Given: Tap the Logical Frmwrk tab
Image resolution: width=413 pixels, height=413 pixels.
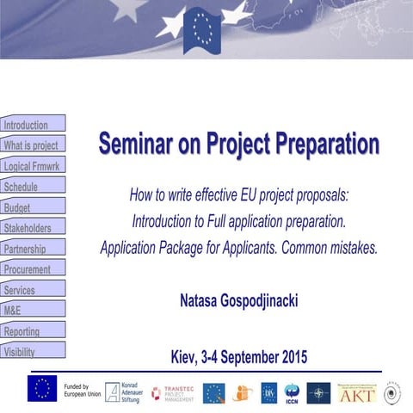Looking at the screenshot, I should pyautogui.click(x=32, y=166).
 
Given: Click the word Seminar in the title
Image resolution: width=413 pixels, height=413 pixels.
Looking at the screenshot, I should pyautogui.click(x=138, y=144).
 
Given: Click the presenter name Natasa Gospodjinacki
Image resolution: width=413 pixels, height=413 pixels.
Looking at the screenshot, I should pyautogui.click(x=238, y=301).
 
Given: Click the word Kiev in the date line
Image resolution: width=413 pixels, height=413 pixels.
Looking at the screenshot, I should pyautogui.click(x=189, y=356).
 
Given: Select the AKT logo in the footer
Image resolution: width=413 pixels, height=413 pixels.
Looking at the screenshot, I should pyautogui.click(x=356, y=393).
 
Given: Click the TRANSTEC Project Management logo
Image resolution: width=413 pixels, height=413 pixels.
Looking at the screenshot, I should pyautogui.click(x=173, y=393).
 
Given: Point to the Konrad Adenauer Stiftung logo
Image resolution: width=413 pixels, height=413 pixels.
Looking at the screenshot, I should pyautogui.click(x=123, y=393).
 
